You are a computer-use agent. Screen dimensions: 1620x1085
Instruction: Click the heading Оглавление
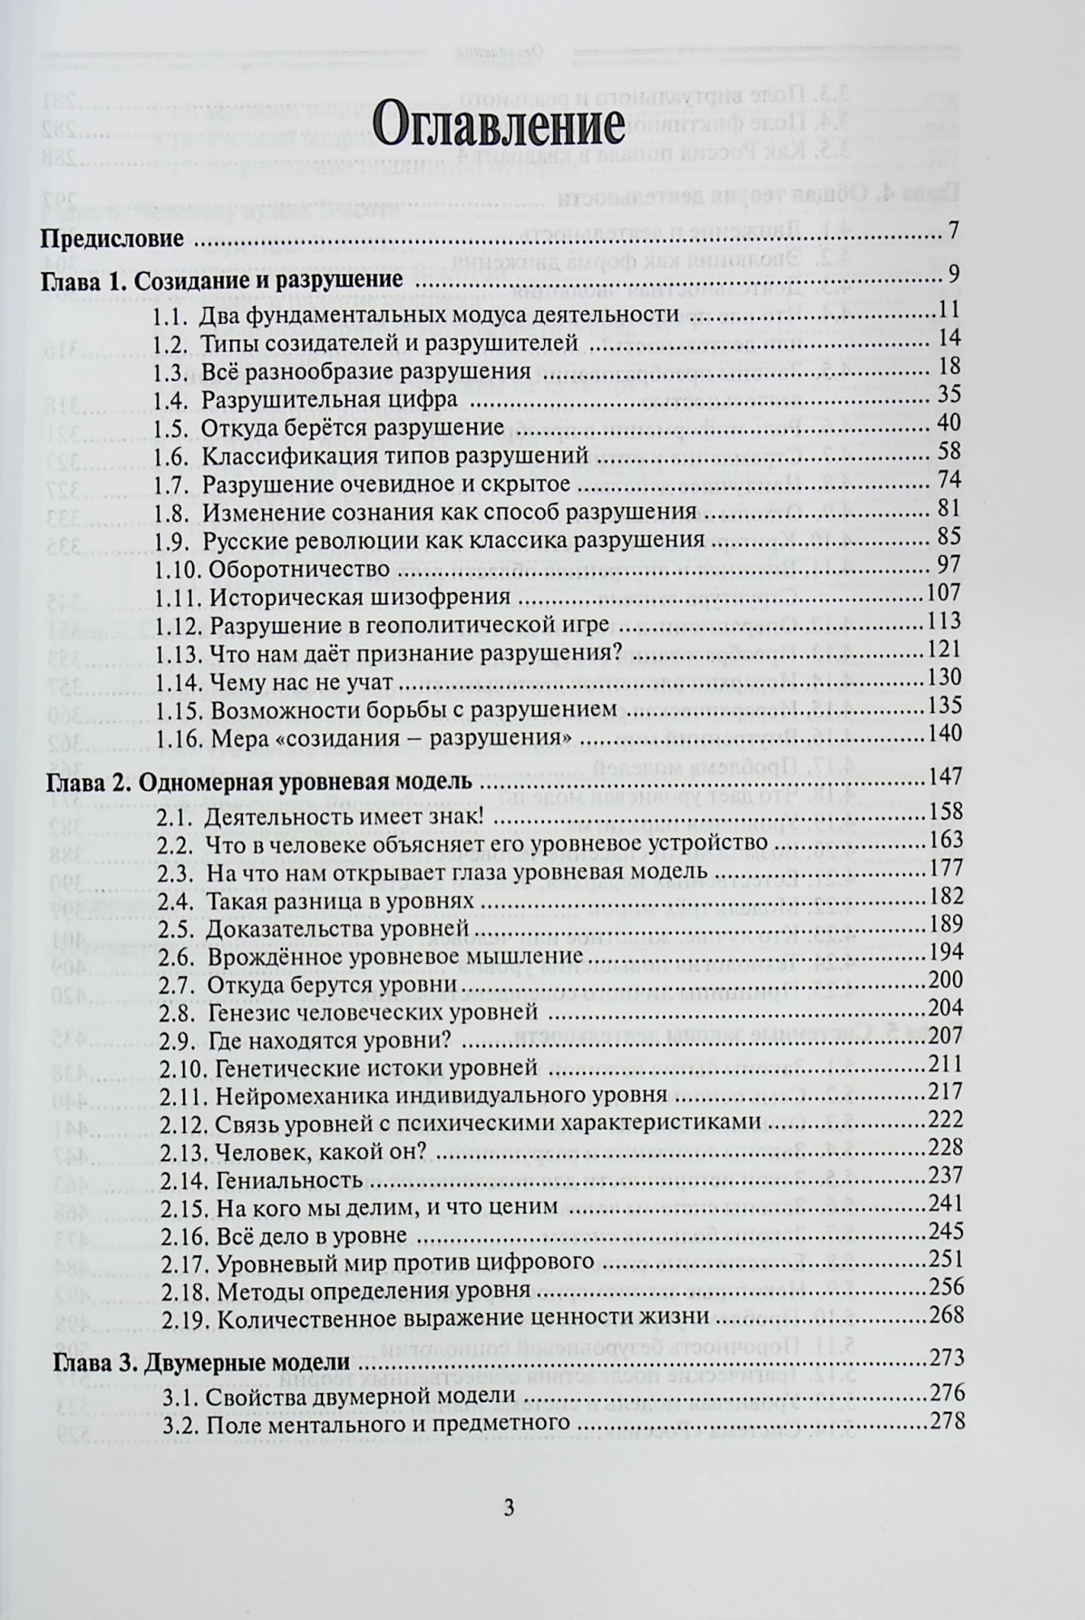point(500,128)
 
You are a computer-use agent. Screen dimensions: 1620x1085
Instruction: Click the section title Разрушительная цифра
point(330,400)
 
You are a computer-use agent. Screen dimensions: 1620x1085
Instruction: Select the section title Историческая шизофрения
point(359,598)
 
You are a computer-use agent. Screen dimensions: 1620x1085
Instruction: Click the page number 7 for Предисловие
point(953,231)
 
